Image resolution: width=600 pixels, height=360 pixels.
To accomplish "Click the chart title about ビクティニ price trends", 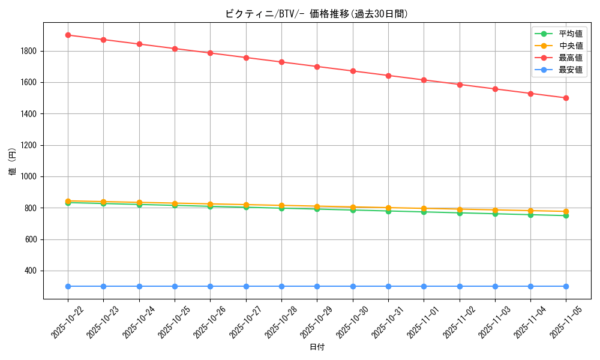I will click(316, 14).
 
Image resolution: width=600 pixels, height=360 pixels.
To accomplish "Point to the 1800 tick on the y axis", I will click(29, 51).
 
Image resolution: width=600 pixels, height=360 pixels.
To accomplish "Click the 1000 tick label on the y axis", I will click(29, 177).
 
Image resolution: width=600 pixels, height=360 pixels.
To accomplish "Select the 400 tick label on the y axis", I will click(31, 271).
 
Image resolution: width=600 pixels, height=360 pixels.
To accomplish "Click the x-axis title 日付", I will click(317, 347).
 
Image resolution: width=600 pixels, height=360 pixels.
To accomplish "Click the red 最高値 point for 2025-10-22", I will click(68, 35).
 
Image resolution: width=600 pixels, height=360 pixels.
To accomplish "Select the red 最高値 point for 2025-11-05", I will click(566, 98).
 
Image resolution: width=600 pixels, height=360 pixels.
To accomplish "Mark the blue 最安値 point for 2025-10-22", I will click(68, 286).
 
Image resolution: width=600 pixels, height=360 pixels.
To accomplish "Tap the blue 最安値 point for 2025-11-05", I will click(566, 286).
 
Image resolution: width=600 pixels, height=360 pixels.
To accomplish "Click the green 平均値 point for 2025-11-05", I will click(566, 215).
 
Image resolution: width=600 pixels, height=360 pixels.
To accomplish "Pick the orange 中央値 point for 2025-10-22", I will click(68, 201).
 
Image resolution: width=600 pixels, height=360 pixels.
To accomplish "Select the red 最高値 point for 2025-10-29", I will click(317, 67).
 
